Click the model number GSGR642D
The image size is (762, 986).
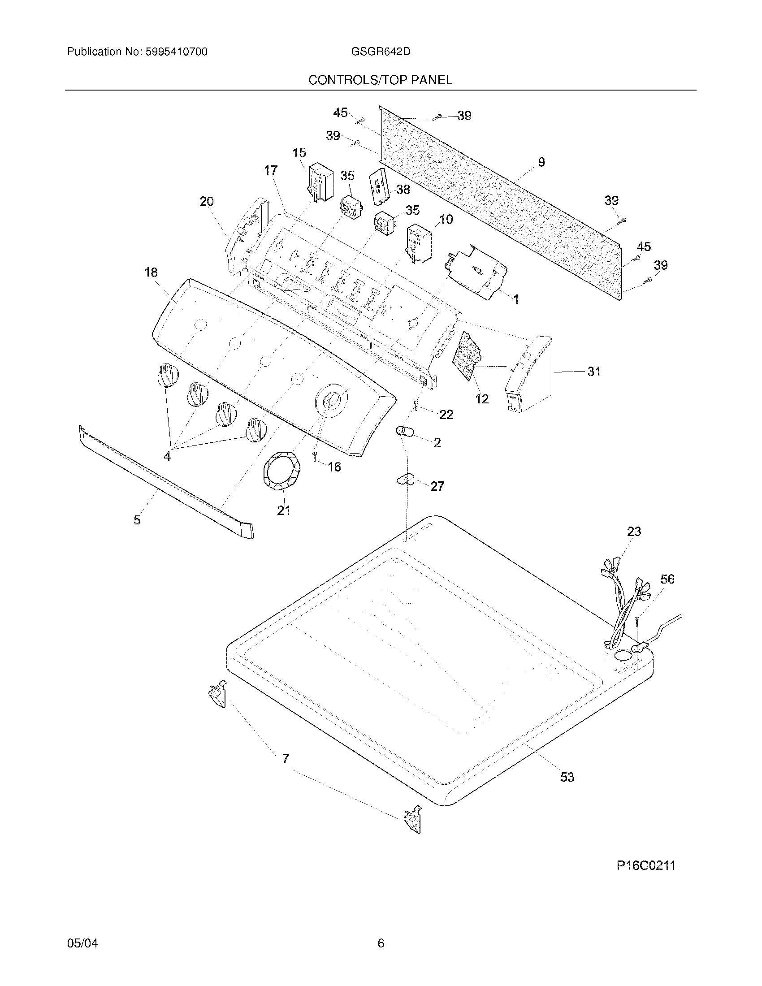381,52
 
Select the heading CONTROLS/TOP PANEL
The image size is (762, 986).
380,80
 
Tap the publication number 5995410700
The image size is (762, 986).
176,52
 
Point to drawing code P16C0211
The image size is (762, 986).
645,865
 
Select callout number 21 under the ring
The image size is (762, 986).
283,510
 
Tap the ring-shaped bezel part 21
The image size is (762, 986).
281,472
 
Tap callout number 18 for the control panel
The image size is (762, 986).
151,272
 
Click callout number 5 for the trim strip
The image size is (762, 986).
137,520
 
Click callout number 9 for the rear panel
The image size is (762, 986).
541,162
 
